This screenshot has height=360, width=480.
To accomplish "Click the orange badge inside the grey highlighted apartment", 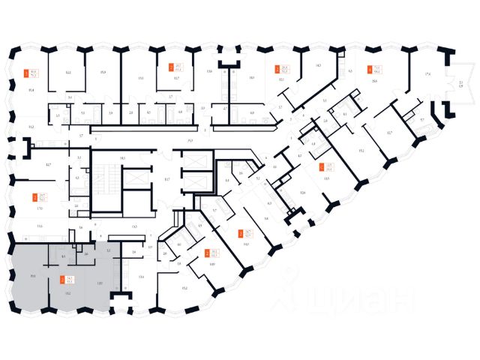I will pyautogui.click(x=62, y=281).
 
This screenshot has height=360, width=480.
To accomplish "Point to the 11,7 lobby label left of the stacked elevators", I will pyautogui.click(x=168, y=178).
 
